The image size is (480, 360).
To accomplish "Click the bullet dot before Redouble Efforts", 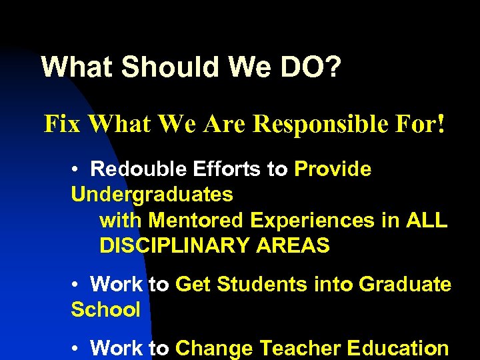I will point(76,170).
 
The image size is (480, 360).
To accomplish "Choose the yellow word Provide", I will point(332,169).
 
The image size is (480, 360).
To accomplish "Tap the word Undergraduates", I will point(152,195).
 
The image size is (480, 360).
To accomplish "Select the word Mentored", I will point(196,220).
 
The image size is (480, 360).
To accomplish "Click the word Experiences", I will point(313,220).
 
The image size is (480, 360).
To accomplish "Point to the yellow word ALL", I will point(425,220).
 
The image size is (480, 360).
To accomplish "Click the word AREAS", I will point(293,245).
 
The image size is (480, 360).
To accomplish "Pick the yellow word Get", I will point(193,285).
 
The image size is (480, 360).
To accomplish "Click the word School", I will point(105,310).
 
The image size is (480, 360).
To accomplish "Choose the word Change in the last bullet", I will point(214,348).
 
